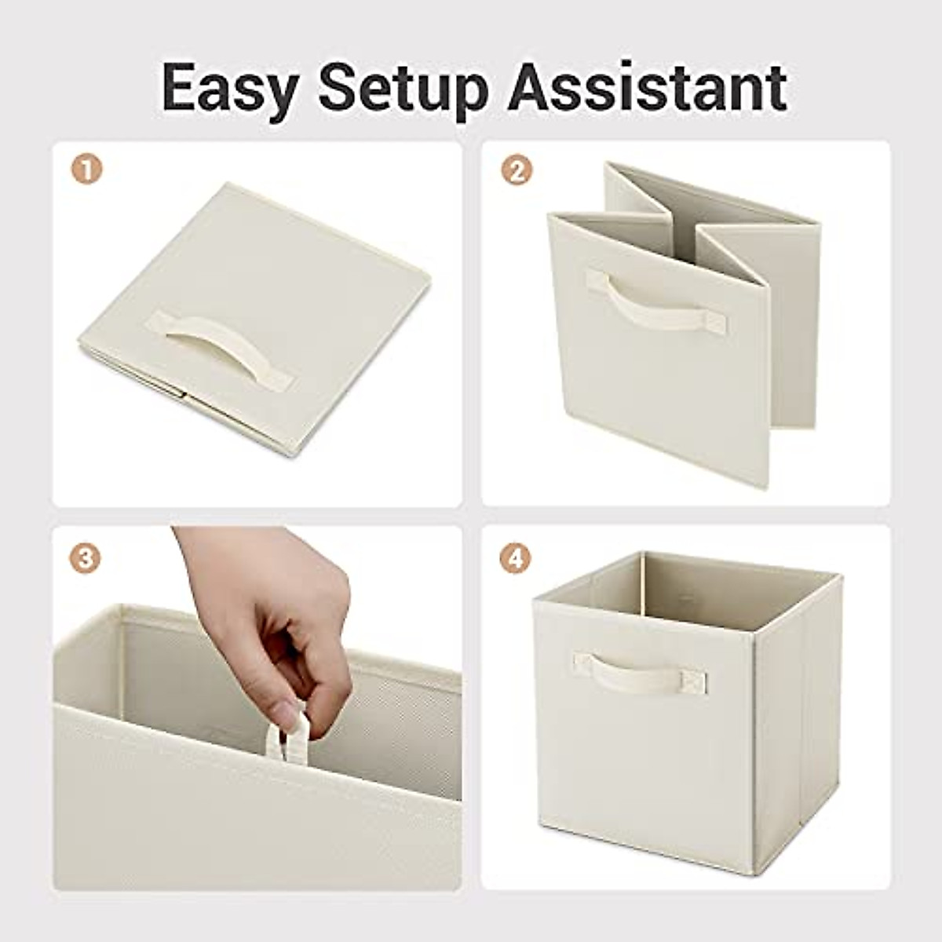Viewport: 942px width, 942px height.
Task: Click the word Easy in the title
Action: [228, 88]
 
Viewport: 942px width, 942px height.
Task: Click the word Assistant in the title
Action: [647, 88]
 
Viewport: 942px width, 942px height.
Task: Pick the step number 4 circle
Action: [516, 558]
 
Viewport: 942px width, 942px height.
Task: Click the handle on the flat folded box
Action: [224, 349]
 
